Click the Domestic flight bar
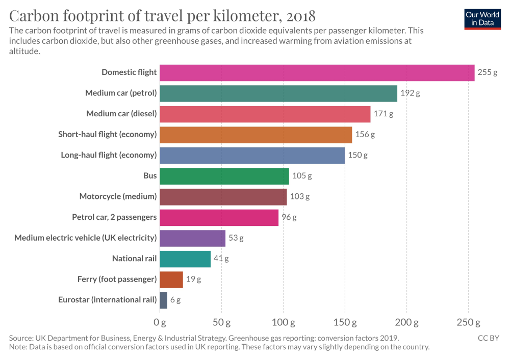317,72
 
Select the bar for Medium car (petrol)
278,93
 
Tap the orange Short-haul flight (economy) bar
256,135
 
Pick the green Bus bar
224,176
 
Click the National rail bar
185,259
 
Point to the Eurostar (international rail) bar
163,300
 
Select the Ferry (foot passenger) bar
171,279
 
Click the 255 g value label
487,72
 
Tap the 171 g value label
384,114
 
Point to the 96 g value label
289,217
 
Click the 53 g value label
236,238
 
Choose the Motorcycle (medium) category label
118,196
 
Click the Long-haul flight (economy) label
109,155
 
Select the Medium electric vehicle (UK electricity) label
85,238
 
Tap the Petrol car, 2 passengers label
114,217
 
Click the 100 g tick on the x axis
283,322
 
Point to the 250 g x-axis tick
468,322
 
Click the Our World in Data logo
482,18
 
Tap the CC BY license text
488,338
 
